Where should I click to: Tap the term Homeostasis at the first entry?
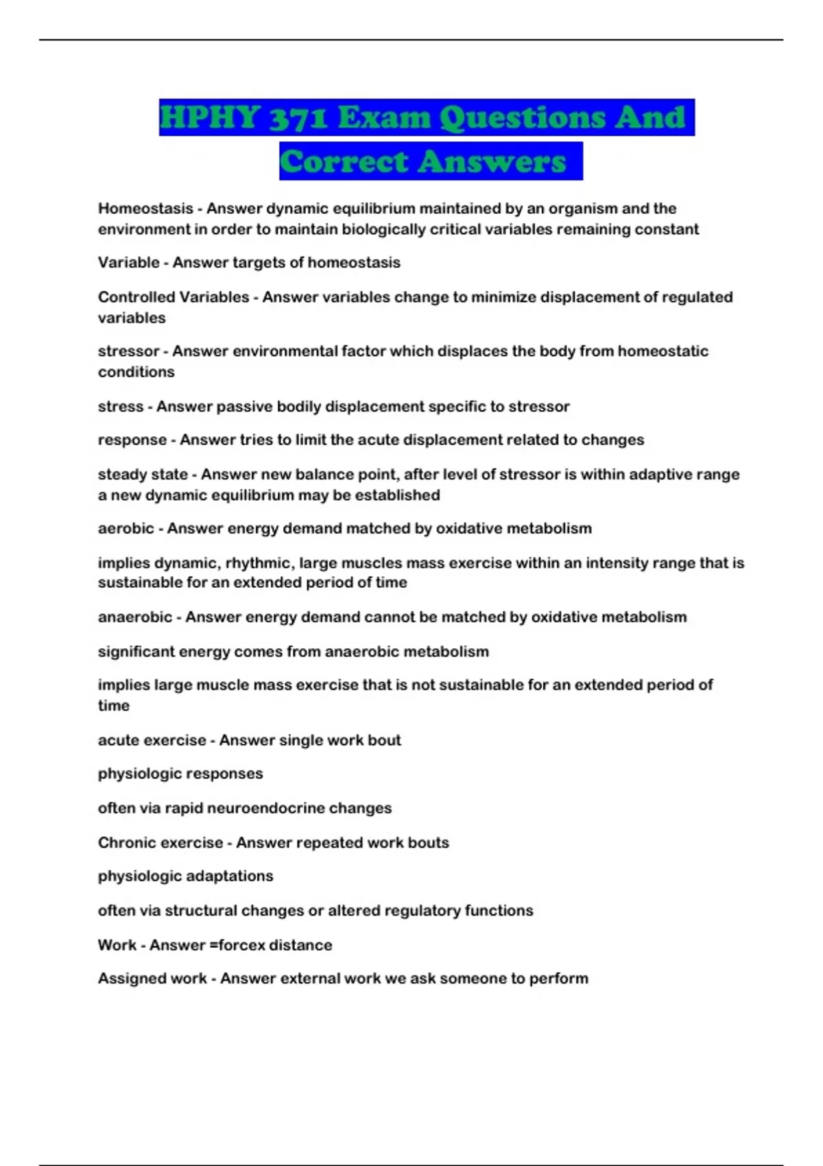(145, 209)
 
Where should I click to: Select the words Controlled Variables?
(174, 297)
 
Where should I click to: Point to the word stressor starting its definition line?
(128, 351)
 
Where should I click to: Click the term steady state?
(143, 474)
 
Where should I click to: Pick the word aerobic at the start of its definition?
(126, 528)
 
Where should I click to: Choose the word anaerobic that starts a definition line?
(135, 617)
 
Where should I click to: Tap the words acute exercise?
(152, 740)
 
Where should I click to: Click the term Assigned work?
(152, 978)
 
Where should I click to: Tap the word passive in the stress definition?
(244, 407)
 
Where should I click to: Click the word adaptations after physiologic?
(230, 876)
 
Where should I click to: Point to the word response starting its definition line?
(132, 440)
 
